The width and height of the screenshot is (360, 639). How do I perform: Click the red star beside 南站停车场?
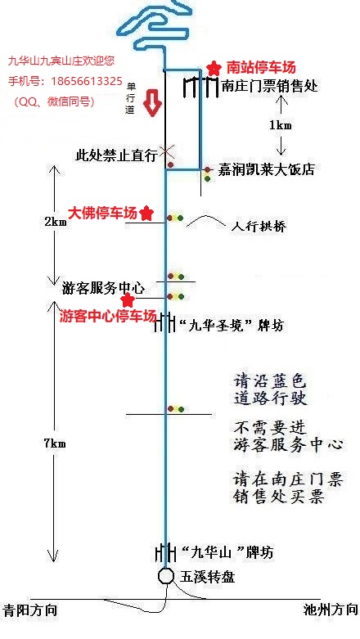213,68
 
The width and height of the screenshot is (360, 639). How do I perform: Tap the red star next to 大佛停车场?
146,213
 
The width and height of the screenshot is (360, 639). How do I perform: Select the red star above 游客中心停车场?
128,300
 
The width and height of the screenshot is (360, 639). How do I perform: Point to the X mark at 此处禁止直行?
165,151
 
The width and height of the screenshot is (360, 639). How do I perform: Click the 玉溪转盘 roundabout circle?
166,576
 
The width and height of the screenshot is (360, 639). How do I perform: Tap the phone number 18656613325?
87,81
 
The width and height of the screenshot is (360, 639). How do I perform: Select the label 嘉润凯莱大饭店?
266,169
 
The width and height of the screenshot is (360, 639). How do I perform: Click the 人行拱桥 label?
259,227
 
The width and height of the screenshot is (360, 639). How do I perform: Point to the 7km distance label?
55,443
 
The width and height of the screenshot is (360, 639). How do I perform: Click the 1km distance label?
281,125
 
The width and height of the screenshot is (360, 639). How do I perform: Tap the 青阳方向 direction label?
29,610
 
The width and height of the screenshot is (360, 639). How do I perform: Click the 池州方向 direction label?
331,610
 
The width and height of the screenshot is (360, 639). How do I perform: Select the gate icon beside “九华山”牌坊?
166,551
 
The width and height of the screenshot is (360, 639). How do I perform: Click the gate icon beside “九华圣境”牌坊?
165,322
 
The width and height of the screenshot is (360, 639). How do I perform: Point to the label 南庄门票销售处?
270,86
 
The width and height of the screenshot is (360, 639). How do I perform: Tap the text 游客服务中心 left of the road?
104,289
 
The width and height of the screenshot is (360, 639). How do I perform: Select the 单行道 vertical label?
130,99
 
